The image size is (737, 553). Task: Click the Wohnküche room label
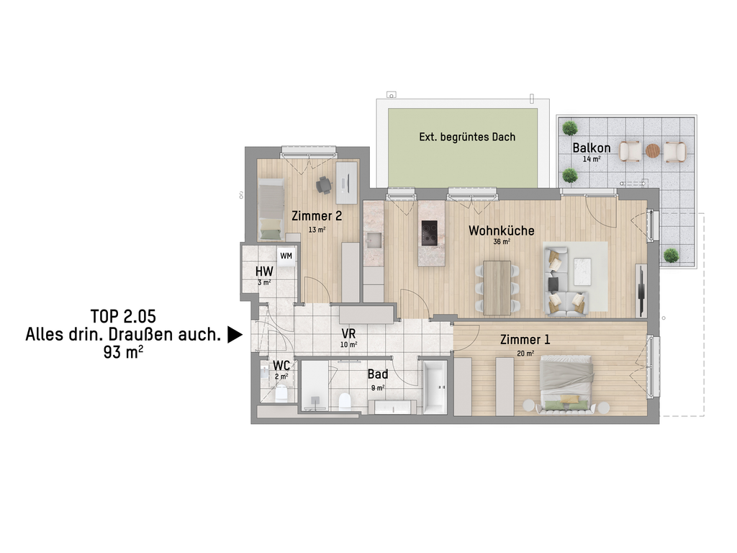(501, 230)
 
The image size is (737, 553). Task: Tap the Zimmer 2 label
(317, 216)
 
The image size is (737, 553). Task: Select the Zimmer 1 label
(525, 340)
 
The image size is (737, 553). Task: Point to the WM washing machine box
(286, 256)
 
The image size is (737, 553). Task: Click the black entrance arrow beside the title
(235, 335)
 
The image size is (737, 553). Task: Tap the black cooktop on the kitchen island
(429, 233)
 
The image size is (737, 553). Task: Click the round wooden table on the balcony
(652, 150)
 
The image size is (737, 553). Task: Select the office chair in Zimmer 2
(324, 185)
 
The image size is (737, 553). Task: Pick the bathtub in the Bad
(435, 387)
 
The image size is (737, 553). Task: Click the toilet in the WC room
(281, 393)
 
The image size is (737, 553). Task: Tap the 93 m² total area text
(123, 351)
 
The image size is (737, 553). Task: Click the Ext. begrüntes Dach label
(467, 137)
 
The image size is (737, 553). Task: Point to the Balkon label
(592, 148)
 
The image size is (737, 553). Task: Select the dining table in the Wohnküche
(497, 288)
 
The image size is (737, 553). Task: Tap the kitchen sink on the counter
(374, 240)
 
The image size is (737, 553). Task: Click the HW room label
(264, 271)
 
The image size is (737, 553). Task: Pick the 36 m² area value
(502, 242)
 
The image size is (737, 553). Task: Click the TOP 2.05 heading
(123, 317)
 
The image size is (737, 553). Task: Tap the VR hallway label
(348, 334)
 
